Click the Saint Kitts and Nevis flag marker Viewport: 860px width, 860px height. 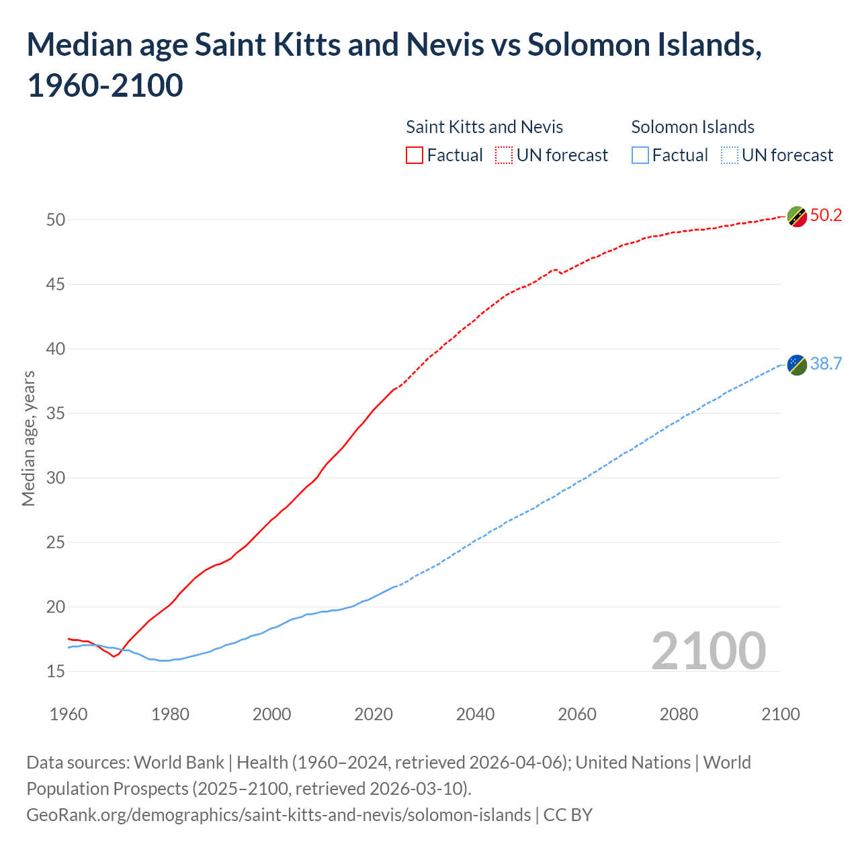tap(797, 216)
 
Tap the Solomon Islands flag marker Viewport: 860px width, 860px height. tap(797, 365)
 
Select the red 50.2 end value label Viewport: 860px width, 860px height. tap(826, 215)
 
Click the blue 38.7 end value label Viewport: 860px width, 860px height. tap(826, 363)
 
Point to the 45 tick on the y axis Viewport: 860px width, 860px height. tap(56, 284)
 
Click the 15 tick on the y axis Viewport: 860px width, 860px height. tap(56, 671)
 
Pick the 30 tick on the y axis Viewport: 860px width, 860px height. tap(56, 478)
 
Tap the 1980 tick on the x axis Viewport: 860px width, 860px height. tap(170, 714)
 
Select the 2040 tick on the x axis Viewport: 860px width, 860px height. tap(475, 714)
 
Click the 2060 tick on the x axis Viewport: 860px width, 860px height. tap(577, 714)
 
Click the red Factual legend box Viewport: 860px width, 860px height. tap(415, 155)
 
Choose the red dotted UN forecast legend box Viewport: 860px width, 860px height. tap(504, 155)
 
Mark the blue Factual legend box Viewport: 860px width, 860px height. tap(640, 155)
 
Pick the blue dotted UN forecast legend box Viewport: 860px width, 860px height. tap(730, 155)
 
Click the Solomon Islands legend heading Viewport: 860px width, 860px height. tap(693, 127)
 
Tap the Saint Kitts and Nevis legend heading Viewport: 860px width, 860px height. tap(484, 127)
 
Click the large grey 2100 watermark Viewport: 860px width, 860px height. tap(708, 650)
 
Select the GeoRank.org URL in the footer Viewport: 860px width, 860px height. tap(278, 815)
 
